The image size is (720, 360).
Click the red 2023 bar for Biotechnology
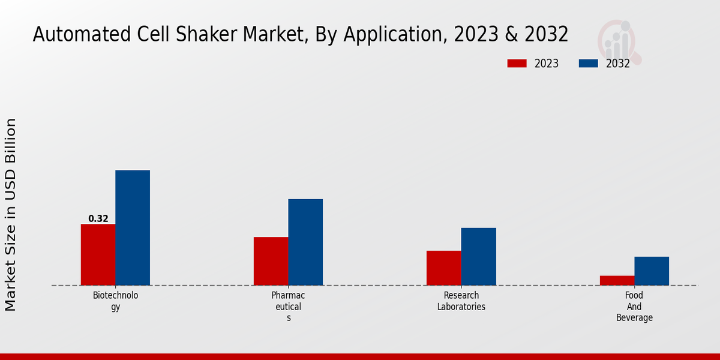pos(98,254)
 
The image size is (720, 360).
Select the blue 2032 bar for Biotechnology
pos(133,227)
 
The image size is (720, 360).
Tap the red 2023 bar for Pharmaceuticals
pos(271,261)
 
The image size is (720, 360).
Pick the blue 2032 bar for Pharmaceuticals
pos(305,242)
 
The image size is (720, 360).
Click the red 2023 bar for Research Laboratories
pos(444,268)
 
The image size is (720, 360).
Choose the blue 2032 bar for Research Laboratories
pos(479,256)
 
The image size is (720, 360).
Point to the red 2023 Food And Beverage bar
pos(617,280)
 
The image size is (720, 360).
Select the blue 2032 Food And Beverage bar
pos(652,271)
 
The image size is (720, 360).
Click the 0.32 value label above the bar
pos(98,219)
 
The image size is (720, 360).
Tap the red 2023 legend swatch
pos(517,64)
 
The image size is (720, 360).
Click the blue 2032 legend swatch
pos(589,64)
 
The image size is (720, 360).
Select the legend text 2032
pos(618,64)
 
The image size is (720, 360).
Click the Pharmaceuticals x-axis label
pos(288,306)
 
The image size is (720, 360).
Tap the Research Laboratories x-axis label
pos(461,301)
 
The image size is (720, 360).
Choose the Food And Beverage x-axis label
pos(634,306)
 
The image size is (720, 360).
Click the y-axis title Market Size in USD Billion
pos(11,215)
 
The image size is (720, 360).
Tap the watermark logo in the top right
pos(619,41)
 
